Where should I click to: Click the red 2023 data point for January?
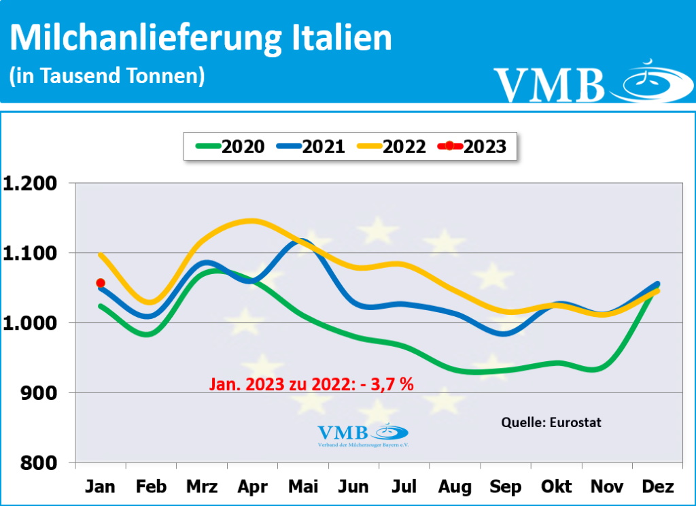tap(101, 283)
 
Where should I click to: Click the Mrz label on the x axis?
tap(201, 487)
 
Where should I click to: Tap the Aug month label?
tap(455, 487)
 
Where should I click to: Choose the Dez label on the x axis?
tap(657, 487)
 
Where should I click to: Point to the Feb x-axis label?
tap(151, 487)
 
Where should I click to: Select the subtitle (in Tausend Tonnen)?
tap(107, 75)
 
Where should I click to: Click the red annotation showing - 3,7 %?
tap(310, 384)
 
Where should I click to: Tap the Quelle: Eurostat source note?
tap(551, 422)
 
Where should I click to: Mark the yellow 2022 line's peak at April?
tap(251, 220)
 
